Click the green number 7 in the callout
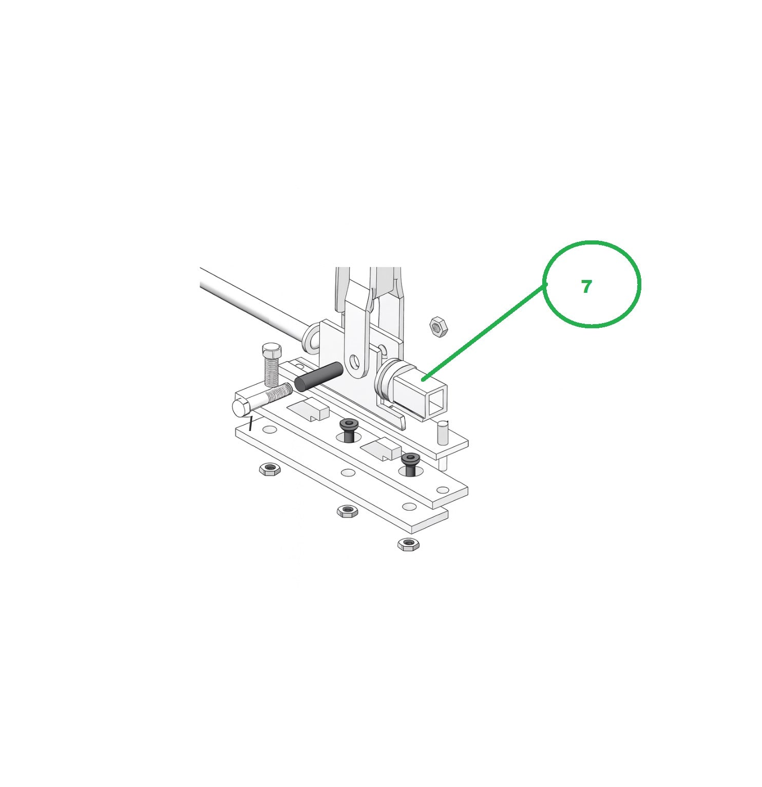click(586, 287)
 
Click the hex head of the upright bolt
click(272, 351)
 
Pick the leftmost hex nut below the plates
click(269, 469)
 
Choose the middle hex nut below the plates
click(347, 511)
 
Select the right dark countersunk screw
click(411, 462)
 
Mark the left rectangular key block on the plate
click(308, 409)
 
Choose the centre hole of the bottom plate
click(349, 473)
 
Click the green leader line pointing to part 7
click(483, 332)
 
